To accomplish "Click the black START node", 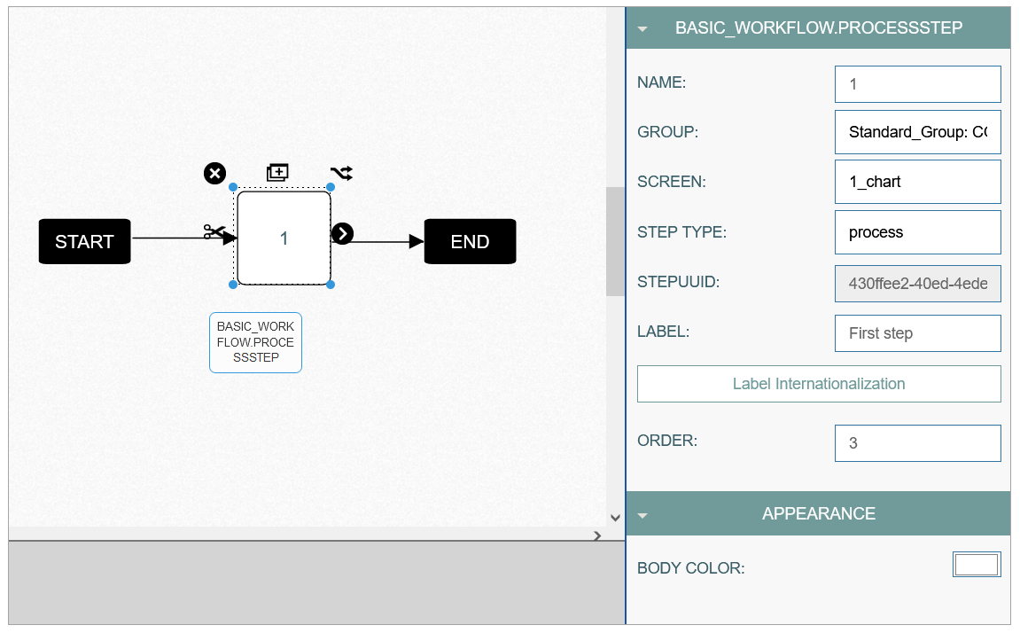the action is pyautogui.click(x=84, y=241).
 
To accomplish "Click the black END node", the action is pyautogui.click(x=470, y=241).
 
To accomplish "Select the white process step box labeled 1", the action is pyautogui.click(x=284, y=238).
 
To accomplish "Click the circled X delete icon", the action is pyautogui.click(x=214, y=174).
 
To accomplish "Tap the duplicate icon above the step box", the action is pyautogui.click(x=277, y=172).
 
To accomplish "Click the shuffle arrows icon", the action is pyautogui.click(x=341, y=173).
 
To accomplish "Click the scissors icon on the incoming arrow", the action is pyautogui.click(x=214, y=231).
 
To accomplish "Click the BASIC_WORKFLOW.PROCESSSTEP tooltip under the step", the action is pyautogui.click(x=255, y=342).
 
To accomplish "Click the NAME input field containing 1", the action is pyautogui.click(x=917, y=84).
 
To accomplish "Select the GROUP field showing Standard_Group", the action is pyautogui.click(x=917, y=132).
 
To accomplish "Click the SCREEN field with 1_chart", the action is pyautogui.click(x=917, y=182).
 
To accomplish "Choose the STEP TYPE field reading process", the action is pyautogui.click(x=917, y=232).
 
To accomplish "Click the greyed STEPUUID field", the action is pyautogui.click(x=917, y=283).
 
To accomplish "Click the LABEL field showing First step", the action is pyautogui.click(x=917, y=333).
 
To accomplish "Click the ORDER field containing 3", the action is pyautogui.click(x=917, y=443).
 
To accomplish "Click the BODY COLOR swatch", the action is pyautogui.click(x=977, y=564).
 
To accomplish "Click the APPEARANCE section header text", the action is pyautogui.click(x=818, y=513).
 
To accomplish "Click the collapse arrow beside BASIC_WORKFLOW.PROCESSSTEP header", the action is pyautogui.click(x=642, y=28).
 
